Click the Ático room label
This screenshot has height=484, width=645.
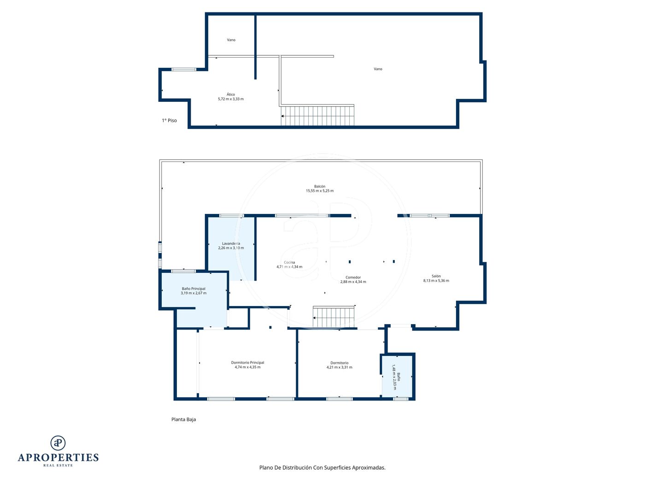[231, 94]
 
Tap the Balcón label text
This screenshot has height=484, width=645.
[320, 186]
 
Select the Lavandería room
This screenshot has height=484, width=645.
[231, 248]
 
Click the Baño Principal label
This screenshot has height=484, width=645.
[193, 289]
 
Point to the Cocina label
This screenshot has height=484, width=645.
[289, 262]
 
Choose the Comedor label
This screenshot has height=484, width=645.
[353, 277]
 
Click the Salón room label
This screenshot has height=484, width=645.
[436, 276]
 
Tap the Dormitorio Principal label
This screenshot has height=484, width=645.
[248, 363]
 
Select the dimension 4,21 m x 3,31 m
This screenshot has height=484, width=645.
[340, 367]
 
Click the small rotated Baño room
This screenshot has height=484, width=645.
[397, 377]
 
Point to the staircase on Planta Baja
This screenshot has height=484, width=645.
[334, 317]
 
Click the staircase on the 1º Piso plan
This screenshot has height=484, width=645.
[317, 116]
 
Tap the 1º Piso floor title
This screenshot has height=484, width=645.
[169, 120]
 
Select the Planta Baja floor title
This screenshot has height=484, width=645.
[184, 419]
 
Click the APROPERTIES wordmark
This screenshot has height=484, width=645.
[58, 458]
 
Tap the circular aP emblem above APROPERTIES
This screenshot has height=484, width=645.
[58, 443]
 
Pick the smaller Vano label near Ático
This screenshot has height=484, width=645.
[231, 40]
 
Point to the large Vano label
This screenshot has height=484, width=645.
[378, 69]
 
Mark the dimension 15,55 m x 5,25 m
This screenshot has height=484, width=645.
[320, 191]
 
